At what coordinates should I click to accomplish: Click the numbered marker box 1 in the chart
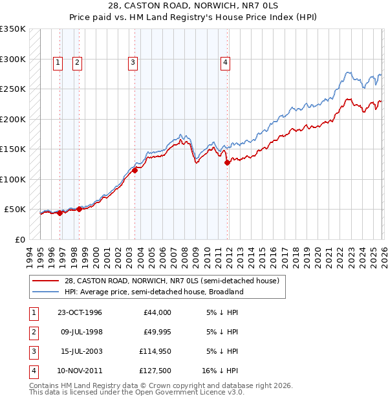pos(58,63)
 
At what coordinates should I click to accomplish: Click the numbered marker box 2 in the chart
pos(77,63)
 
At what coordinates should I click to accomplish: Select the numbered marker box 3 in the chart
pos(132,63)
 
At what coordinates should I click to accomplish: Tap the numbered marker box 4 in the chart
pos(225,63)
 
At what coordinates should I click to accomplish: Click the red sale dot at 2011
pos(228,163)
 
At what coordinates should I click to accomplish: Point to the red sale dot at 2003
pos(136,170)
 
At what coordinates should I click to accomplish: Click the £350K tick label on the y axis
pos(13,29)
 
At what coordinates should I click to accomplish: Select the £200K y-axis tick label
pos(13,119)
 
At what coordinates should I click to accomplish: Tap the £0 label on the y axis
pos(19,239)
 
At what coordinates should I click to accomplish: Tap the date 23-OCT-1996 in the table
pos(80,312)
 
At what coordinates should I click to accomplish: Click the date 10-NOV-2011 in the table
pos(80,371)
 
